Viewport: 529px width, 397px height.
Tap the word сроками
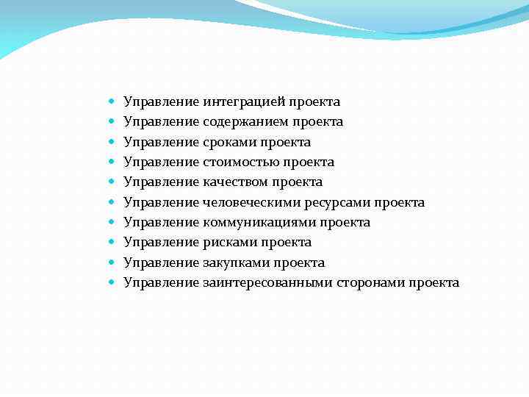point(228,142)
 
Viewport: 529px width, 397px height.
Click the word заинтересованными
point(267,282)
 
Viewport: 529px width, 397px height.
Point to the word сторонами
point(371,282)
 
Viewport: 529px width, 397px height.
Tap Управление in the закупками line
point(161,262)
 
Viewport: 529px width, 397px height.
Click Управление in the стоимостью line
point(161,162)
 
